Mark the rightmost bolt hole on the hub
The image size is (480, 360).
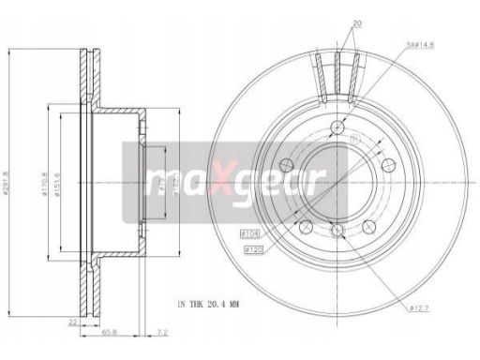click(x=389, y=165)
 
